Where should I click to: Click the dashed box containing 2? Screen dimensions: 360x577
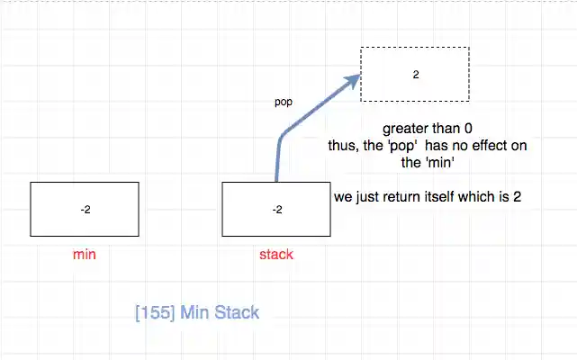tap(415, 74)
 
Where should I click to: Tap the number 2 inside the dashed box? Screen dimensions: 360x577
tap(415, 75)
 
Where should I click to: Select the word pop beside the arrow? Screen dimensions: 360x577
tap(283, 102)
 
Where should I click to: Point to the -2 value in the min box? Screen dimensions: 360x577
tap(85, 210)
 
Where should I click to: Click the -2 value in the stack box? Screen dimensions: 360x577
tap(276, 210)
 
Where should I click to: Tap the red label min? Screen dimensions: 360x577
tap(85, 255)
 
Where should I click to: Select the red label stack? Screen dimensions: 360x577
tap(275, 255)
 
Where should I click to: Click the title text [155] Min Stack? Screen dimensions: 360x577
tap(196, 313)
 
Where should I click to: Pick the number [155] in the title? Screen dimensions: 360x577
tap(154, 313)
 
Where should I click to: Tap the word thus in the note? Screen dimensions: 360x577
tap(341, 145)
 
